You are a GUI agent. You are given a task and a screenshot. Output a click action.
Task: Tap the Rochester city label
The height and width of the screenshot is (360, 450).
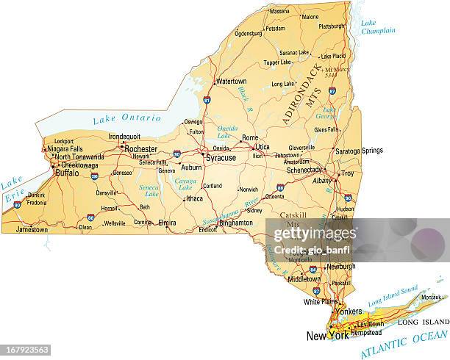click(140, 148)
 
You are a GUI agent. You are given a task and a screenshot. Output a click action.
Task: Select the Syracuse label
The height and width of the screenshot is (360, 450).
click(221, 157)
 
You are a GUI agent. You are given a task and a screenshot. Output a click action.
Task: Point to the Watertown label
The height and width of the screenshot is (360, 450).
click(232, 81)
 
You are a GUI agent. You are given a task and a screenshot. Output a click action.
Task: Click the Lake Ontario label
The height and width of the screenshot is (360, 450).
click(126, 118)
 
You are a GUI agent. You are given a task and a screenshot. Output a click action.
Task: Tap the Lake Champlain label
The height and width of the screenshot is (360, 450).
click(378, 27)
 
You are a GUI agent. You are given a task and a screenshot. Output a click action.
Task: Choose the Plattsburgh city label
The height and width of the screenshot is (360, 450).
click(332, 26)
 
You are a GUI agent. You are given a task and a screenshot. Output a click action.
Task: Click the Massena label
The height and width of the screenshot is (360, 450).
click(279, 12)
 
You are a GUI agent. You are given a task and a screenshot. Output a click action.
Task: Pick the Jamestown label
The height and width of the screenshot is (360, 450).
click(32, 230)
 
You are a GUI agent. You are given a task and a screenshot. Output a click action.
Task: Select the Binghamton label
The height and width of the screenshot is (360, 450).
click(236, 221)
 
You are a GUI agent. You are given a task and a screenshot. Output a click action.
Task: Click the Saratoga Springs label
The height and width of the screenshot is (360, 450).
click(360, 151)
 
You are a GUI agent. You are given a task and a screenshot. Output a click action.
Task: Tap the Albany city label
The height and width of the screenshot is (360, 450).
click(321, 180)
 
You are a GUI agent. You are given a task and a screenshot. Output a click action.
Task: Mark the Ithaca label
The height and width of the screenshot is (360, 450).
click(194, 198)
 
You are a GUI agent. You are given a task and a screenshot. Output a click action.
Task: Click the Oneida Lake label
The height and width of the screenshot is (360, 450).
click(227, 132)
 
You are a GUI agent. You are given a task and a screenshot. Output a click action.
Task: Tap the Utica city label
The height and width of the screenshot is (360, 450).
click(262, 147)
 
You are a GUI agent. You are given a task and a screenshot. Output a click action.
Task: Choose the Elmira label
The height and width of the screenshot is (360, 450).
click(167, 222)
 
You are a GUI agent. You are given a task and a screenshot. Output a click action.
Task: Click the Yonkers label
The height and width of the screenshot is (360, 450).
click(349, 312)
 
